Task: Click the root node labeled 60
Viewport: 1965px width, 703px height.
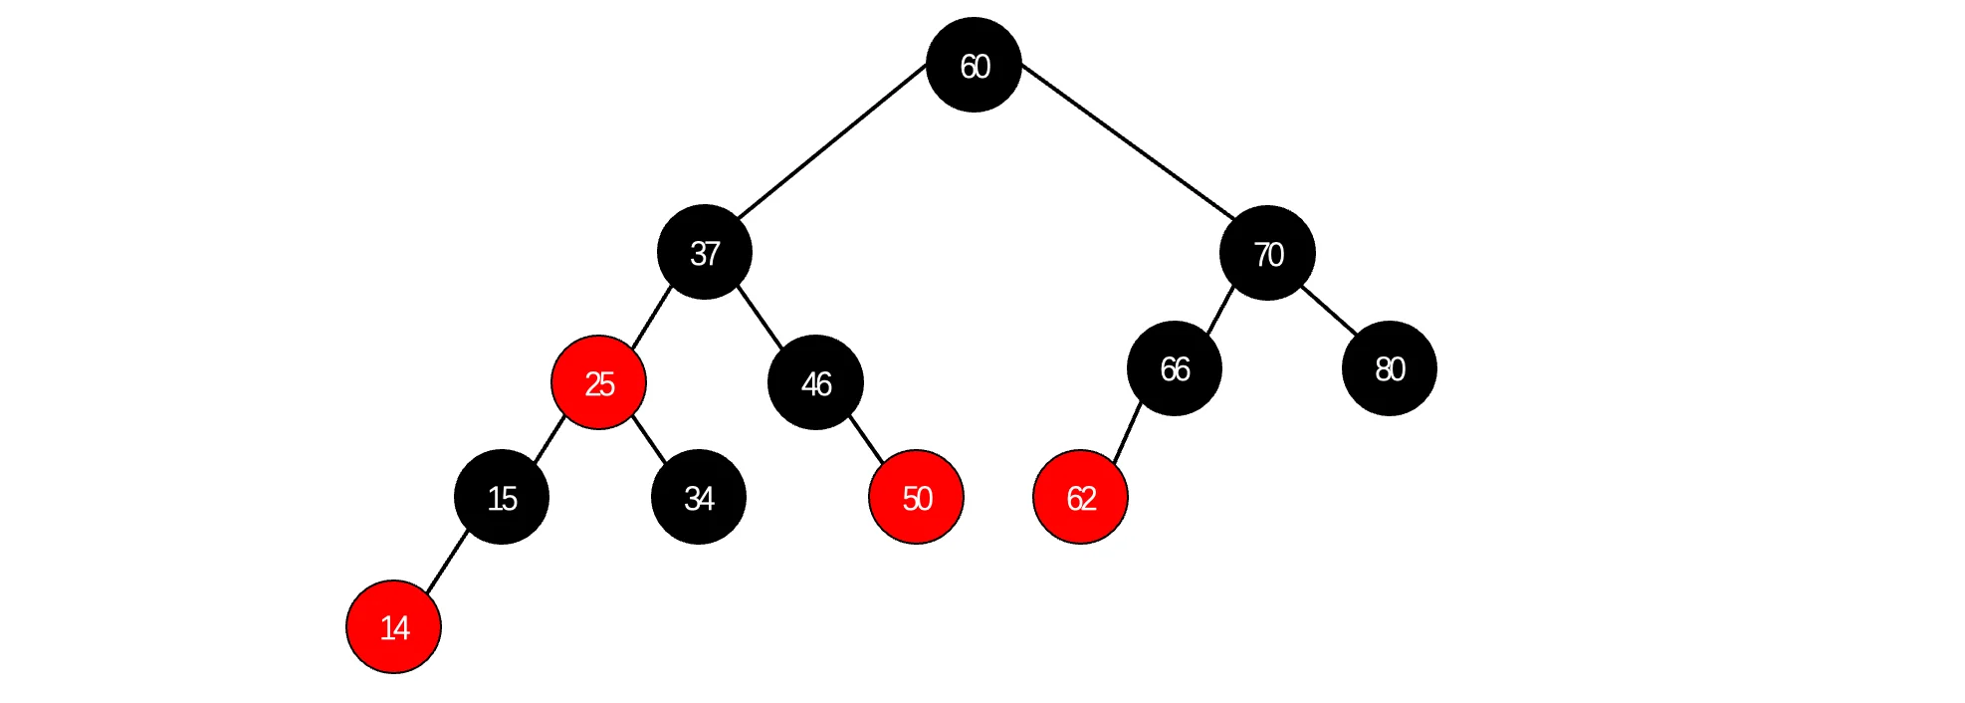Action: (x=974, y=65)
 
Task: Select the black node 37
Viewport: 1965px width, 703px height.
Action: (x=705, y=252)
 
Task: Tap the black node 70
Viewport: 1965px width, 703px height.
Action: (x=1267, y=253)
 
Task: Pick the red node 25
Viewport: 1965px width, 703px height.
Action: (x=598, y=382)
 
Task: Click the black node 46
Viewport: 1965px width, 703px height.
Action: (x=815, y=382)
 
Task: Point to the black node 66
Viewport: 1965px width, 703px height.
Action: (x=1175, y=368)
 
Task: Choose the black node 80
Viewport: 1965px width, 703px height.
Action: (x=1390, y=368)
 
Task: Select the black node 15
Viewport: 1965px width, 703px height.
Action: (x=502, y=497)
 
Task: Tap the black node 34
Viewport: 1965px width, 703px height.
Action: (x=699, y=497)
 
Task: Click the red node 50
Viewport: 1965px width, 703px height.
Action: (x=916, y=497)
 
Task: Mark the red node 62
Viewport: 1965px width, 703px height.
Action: (x=1081, y=497)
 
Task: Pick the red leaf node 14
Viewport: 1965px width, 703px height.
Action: (x=394, y=626)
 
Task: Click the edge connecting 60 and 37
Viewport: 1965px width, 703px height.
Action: (x=832, y=141)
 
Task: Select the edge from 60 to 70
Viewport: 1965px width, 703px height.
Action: (x=1128, y=141)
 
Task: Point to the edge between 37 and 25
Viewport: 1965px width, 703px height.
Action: (x=651, y=318)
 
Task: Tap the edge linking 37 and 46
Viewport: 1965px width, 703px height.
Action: (x=760, y=318)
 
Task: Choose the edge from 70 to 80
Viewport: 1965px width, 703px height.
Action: (x=1329, y=310)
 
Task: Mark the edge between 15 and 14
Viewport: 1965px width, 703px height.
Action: (x=447, y=562)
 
